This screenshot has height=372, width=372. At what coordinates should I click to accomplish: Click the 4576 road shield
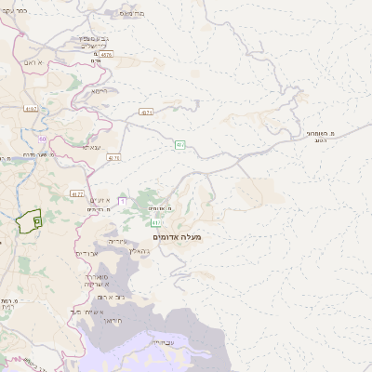click(x=106, y=55)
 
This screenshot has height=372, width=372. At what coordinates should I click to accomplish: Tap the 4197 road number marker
click(x=32, y=109)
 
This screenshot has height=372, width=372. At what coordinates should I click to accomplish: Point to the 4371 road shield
click(x=147, y=113)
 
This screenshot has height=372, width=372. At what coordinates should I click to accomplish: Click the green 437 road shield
click(x=179, y=144)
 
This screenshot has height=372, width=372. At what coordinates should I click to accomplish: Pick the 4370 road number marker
click(x=114, y=158)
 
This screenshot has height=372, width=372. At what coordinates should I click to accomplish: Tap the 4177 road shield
click(x=77, y=193)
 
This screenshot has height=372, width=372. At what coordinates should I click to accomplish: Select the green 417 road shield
click(x=155, y=223)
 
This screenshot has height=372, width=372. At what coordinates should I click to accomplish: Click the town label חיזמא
click(x=100, y=90)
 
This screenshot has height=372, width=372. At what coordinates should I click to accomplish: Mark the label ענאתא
click(x=92, y=147)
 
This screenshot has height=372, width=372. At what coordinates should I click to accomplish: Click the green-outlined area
click(x=28, y=221)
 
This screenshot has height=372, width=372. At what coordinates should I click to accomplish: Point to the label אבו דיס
click(x=86, y=253)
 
